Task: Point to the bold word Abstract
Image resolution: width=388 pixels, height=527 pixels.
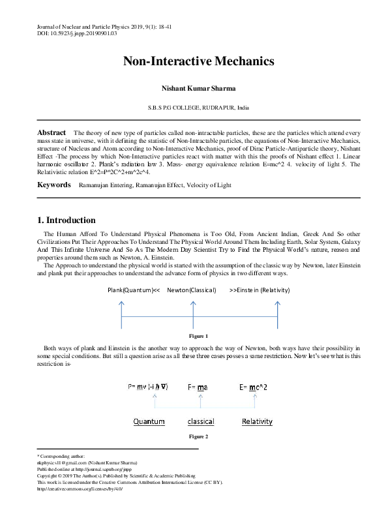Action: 52,132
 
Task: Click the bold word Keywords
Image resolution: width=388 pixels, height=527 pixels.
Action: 54,185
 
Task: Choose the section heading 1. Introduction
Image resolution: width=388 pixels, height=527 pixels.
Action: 67,220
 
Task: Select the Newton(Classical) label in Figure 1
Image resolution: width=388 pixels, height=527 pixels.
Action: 191,290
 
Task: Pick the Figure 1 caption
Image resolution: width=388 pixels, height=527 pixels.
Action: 198,337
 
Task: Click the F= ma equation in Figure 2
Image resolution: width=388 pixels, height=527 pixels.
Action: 198,387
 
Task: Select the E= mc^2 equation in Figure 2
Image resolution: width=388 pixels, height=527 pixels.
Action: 254,387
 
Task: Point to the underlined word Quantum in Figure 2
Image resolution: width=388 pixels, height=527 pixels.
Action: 149,421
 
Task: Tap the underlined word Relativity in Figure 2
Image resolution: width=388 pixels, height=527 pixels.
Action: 257,421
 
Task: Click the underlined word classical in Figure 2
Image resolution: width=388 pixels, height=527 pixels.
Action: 201,421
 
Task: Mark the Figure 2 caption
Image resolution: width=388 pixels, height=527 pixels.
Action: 198,436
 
